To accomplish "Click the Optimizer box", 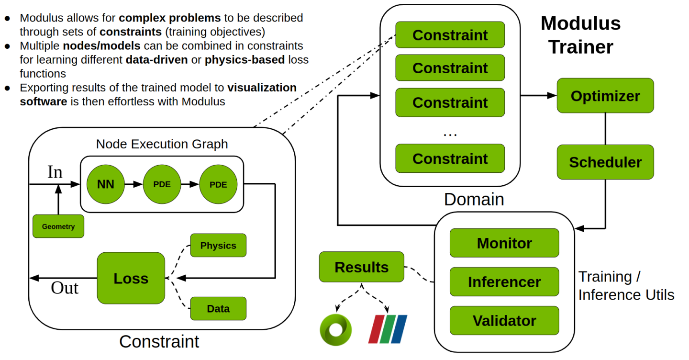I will coord(605,96).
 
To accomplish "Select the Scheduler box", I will coord(605,162).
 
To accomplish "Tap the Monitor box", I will coord(504,243).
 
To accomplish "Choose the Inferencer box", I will coord(504,282).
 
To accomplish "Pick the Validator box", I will coord(504,321).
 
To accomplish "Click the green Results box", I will coord(361,267).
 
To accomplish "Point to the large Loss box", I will coord(131,278).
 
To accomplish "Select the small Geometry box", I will coord(58,226).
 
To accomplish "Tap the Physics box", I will coord(218,245).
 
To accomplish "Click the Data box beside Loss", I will coord(218,309).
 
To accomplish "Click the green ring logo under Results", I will coord(335,329).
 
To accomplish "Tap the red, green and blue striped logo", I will coord(388,329).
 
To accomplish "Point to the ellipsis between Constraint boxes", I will coord(450,135).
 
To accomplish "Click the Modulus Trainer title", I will coord(580,35).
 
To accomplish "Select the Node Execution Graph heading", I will coord(162,144).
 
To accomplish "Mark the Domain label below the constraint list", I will coord(474,199).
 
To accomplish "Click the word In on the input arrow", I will coord(55,172).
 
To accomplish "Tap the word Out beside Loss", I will coord(65,288).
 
